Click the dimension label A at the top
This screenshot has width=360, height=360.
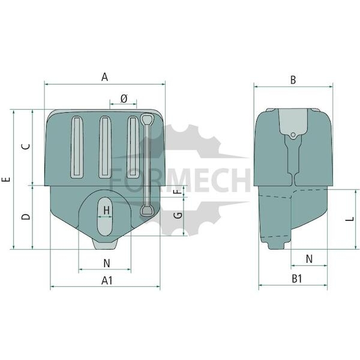point(104,77)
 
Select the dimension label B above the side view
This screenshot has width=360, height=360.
point(293,80)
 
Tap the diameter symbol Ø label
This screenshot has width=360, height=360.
point(124,99)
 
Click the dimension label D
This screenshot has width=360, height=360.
point(26,217)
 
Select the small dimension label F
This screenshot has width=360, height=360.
point(179,191)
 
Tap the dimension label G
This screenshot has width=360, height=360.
point(178,215)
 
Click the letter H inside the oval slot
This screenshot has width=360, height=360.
point(106,211)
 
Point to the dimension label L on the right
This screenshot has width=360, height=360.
point(350,219)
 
